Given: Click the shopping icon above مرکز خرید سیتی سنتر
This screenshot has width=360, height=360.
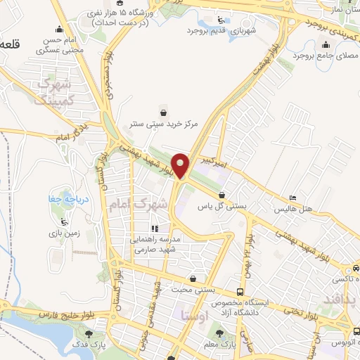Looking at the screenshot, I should pos(164,112).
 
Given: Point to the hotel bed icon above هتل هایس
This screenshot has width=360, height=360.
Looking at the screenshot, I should pos(293,198).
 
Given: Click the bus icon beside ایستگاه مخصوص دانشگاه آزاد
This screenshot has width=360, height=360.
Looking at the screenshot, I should pos(240,292).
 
